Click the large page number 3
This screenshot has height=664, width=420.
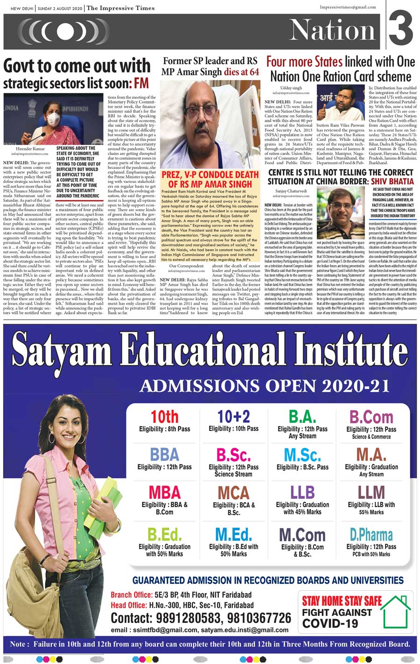401,29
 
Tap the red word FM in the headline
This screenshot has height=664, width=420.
141,84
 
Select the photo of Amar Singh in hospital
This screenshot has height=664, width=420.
210,124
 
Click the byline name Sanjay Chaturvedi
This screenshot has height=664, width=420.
290,191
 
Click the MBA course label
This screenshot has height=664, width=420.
164,493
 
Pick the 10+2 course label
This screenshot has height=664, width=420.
233,417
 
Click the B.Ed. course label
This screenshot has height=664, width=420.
164,535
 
